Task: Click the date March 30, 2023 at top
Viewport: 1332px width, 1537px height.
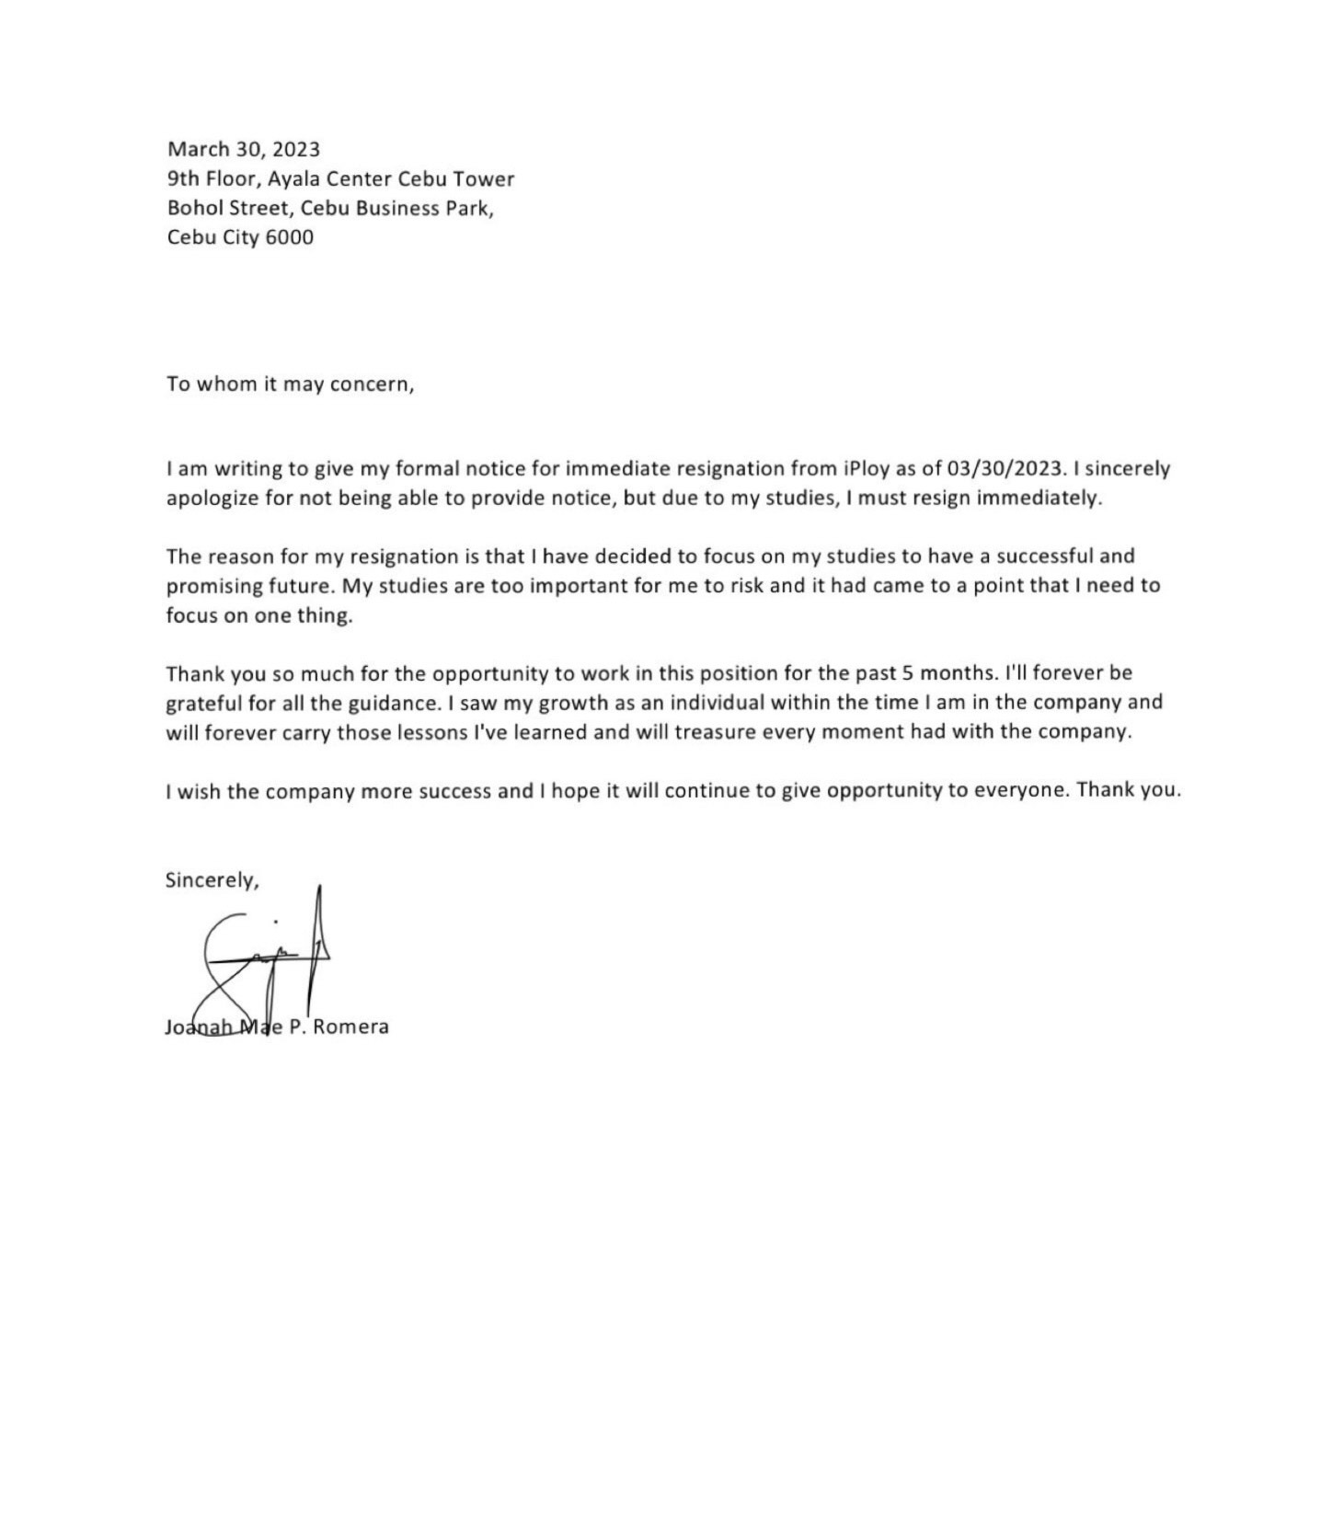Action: click(243, 149)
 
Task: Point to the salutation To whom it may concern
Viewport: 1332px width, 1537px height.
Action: click(290, 384)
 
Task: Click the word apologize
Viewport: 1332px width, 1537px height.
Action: click(209, 499)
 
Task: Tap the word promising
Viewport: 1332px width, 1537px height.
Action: click(211, 586)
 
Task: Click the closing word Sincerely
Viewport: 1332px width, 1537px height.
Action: click(212, 880)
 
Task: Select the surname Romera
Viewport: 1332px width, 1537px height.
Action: click(350, 1027)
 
